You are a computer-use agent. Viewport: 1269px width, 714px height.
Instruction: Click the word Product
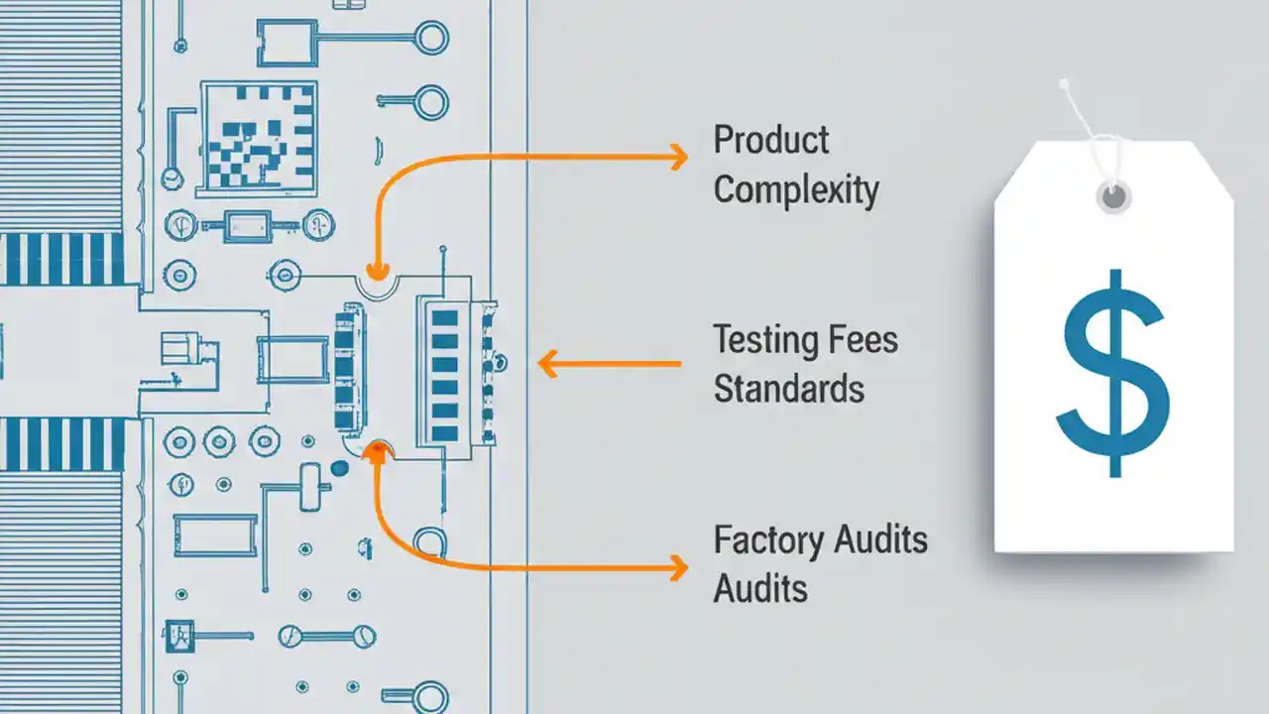771,140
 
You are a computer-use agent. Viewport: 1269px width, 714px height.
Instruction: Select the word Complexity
796,189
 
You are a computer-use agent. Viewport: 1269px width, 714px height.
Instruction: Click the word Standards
789,389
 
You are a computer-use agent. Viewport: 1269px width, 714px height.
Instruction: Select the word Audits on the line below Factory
760,589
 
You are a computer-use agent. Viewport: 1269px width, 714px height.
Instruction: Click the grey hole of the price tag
1114,195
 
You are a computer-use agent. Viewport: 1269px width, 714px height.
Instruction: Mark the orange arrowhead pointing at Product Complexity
678,156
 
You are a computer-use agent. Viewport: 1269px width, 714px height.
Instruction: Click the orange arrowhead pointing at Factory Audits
678,568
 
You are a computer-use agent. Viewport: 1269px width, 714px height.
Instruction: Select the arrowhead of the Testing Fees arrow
547,364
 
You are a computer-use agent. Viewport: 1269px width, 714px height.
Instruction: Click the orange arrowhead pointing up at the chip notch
376,453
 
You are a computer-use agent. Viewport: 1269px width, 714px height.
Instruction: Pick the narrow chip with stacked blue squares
346,368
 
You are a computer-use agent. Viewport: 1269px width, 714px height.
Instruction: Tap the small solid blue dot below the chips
339,468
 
